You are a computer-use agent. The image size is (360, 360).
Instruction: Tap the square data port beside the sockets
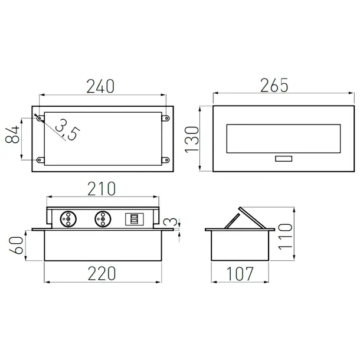tap(135, 218)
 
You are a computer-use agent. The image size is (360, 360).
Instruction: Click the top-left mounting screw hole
tap(40, 119)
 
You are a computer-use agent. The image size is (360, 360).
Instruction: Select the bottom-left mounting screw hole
tap(40, 159)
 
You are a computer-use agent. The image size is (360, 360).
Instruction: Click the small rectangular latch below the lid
tap(282, 159)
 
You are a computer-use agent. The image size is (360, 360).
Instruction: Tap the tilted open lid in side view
tap(244, 218)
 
